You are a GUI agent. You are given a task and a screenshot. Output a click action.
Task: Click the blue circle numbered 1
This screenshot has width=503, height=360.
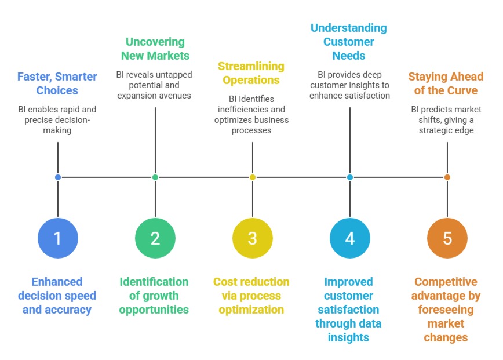[58, 238]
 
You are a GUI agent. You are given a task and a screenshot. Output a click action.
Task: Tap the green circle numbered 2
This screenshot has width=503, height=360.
[155, 238]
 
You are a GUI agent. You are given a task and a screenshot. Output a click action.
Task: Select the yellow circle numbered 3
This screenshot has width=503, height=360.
[253, 238]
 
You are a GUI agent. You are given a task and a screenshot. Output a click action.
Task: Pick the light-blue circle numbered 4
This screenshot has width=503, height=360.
[350, 238]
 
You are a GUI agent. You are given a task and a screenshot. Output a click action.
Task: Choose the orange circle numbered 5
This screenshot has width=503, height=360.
[447, 238]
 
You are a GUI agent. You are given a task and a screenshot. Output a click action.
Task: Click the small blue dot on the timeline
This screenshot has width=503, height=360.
[58, 177]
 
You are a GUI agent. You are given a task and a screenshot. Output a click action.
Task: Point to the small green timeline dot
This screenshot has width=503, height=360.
[155, 177]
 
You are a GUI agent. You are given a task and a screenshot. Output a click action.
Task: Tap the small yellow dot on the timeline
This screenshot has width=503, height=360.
[253, 177]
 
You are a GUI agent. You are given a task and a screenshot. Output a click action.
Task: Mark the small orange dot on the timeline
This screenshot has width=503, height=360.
[447, 177]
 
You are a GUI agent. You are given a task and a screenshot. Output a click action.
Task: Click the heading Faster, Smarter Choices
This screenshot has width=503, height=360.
[57, 83]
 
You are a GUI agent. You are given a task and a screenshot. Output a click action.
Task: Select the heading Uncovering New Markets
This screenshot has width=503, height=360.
[155, 49]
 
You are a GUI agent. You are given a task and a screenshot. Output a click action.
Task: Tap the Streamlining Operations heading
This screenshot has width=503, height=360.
[252, 73]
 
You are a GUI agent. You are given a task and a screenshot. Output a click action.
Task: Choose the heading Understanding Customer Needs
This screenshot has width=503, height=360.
[349, 42]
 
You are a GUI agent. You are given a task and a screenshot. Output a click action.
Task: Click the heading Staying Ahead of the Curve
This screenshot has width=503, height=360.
[446, 83]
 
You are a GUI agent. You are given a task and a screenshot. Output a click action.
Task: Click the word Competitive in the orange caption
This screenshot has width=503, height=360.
[446, 282]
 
